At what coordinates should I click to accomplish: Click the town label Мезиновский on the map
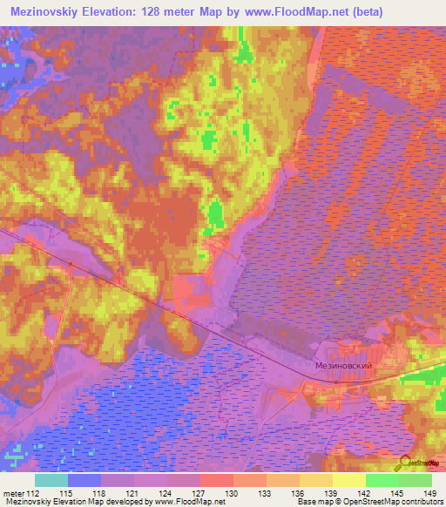343,367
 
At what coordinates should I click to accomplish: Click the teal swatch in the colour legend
51,480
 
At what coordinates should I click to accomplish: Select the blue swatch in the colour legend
84,480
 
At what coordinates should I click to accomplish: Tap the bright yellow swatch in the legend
348,480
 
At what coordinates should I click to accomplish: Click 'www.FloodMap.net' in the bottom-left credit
189,502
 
